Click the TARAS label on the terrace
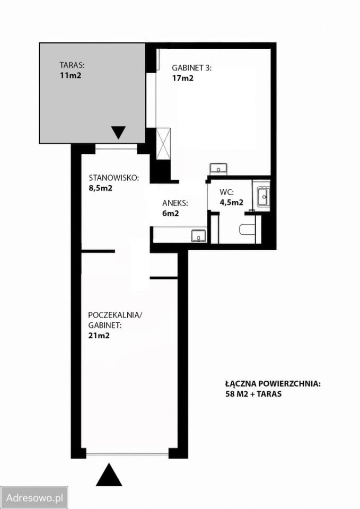[72, 65]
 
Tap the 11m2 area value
[70, 75]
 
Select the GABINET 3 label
[192, 68]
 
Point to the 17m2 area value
[182, 78]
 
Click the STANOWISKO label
[114, 178]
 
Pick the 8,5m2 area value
[100, 188]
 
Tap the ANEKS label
[175, 204]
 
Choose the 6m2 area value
[170, 214]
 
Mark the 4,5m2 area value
[232, 202]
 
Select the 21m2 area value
[99, 335]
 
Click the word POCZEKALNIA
[115, 315]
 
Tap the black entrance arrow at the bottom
[109, 475]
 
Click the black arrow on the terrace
[118, 132]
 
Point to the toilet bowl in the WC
[248, 230]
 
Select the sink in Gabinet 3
[218, 169]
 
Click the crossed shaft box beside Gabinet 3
[163, 144]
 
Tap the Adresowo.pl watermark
[34, 497]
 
